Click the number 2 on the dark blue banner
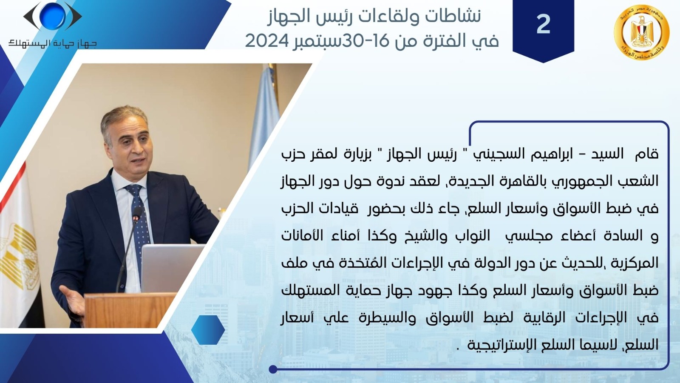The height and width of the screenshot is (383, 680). click(544, 24)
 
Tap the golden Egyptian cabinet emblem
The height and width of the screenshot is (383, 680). click(641, 32)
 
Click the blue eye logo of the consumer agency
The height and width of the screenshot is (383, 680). click(53, 17)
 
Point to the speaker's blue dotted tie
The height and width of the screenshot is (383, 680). click(139, 225)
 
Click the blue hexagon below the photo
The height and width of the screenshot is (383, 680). click(208, 330)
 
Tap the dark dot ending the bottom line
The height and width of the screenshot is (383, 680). click(273, 369)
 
